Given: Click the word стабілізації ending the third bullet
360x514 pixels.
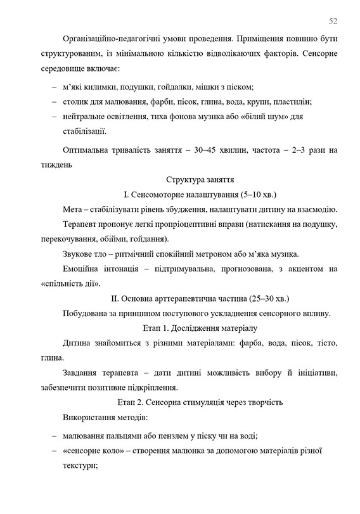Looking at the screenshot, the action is pyautogui.click(x=84, y=132).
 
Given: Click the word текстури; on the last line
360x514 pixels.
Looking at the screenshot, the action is pyautogui.click(x=79, y=465).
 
